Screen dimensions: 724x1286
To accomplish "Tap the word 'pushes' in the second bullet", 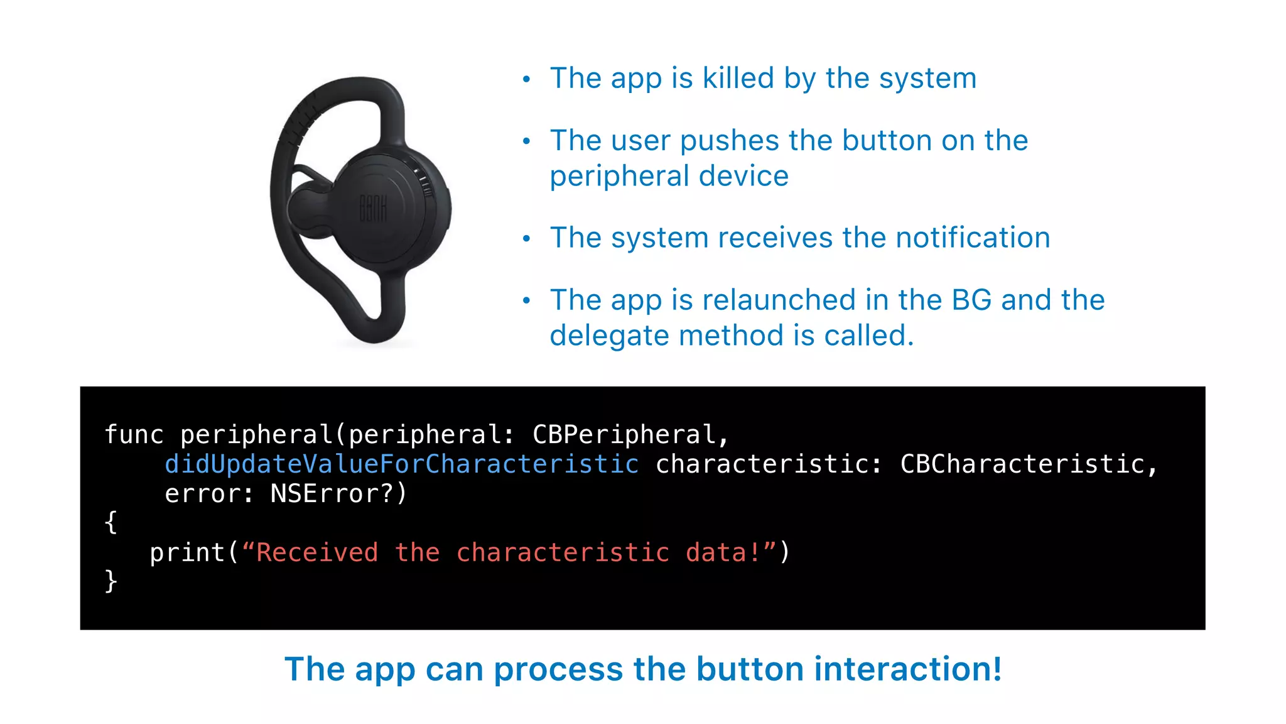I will click(730, 141).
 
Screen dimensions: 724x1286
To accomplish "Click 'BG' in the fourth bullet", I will click(971, 300).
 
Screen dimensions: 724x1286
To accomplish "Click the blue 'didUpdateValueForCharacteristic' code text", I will click(402, 464).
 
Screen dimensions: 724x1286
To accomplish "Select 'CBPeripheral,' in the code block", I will click(630, 435).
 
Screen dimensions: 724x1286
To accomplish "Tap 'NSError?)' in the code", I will click(338, 494).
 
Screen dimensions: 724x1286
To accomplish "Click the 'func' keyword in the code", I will click(134, 435).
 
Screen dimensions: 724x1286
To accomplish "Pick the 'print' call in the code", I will click(187, 553).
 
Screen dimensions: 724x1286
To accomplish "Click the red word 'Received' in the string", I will click(317, 553).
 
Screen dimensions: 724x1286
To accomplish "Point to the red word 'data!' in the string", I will click(723, 553).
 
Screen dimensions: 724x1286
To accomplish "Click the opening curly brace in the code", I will click(111, 522).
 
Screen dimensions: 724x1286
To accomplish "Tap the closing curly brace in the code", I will click(111, 581).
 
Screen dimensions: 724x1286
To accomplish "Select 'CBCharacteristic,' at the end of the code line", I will click(1029, 464).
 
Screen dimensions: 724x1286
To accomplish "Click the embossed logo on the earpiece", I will click(372, 208).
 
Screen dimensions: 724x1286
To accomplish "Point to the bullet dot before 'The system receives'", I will click(527, 239).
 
